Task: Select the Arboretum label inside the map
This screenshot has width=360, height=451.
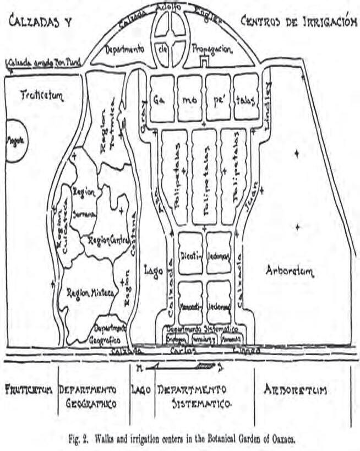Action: point(290,270)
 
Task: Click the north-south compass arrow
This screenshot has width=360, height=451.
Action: point(178,366)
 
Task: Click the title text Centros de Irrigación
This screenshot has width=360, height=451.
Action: point(295,21)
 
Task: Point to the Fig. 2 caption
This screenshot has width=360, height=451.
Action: point(180,438)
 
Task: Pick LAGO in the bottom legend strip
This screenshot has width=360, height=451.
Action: point(141,390)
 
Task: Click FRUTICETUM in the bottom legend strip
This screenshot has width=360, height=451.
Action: point(28,391)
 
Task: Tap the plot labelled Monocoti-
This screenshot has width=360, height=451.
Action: point(192,302)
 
